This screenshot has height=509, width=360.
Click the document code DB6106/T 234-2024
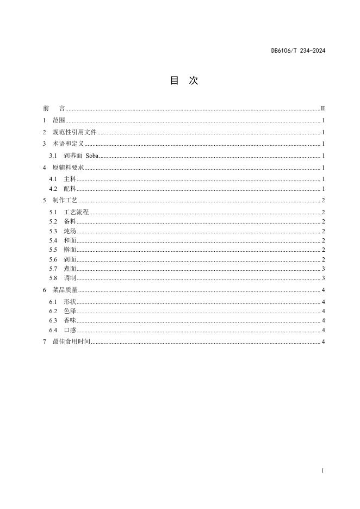click(x=298, y=52)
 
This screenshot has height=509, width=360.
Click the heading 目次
click(x=184, y=80)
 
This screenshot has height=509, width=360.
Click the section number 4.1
click(x=53, y=179)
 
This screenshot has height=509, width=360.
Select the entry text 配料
click(x=70, y=189)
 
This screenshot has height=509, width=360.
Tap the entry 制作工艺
click(x=65, y=201)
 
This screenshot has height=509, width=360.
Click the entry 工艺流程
click(x=76, y=212)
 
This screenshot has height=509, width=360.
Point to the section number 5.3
click(x=53, y=231)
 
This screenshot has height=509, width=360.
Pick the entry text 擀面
click(x=70, y=250)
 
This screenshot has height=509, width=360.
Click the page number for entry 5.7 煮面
click(x=323, y=269)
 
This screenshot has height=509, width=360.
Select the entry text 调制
click(x=70, y=278)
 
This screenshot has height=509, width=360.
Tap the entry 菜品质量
click(x=65, y=290)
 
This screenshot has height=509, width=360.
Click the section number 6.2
click(x=53, y=311)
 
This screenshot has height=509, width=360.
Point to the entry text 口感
click(x=70, y=330)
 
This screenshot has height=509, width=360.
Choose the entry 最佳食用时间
click(x=71, y=342)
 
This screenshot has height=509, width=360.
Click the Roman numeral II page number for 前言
click(x=322, y=109)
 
